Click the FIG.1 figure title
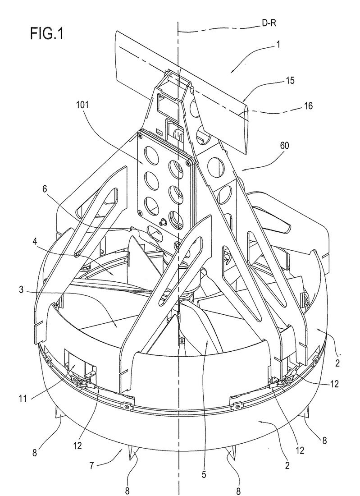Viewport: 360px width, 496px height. pos(47,33)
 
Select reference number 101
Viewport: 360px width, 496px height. pos(82,105)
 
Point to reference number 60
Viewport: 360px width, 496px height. pos(284,146)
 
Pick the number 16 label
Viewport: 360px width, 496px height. pos(308,106)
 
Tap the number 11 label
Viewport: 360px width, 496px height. pos(22,398)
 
